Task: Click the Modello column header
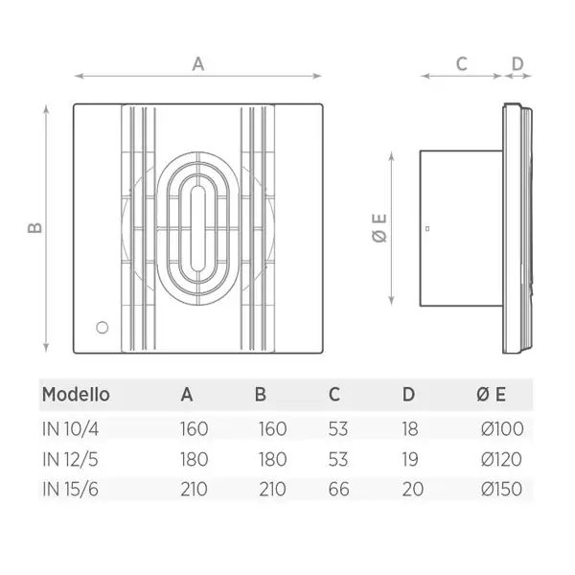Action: pos(76,395)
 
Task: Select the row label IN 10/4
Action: pos(70,428)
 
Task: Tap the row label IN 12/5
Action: pos(70,459)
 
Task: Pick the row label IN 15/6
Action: pos(70,489)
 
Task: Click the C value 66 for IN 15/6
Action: pos(338,489)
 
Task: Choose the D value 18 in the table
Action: pos(410,428)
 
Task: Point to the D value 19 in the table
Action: pos(410,459)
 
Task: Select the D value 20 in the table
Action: pos(413,489)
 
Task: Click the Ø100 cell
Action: pos(502,428)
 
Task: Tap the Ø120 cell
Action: pos(501,459)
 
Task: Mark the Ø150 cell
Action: pos(501,489)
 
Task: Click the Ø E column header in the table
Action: pos(492,395)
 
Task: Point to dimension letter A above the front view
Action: pos(198,64)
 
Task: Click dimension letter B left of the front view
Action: pos(34,228)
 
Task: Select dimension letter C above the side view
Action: pos(462,64)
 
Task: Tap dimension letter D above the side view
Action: pos(517,64)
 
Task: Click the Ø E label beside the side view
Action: pos(379,228)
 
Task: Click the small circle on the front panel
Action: pos(103,328)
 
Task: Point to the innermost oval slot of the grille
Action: pos(198,228)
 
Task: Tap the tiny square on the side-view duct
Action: pos(427,228)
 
